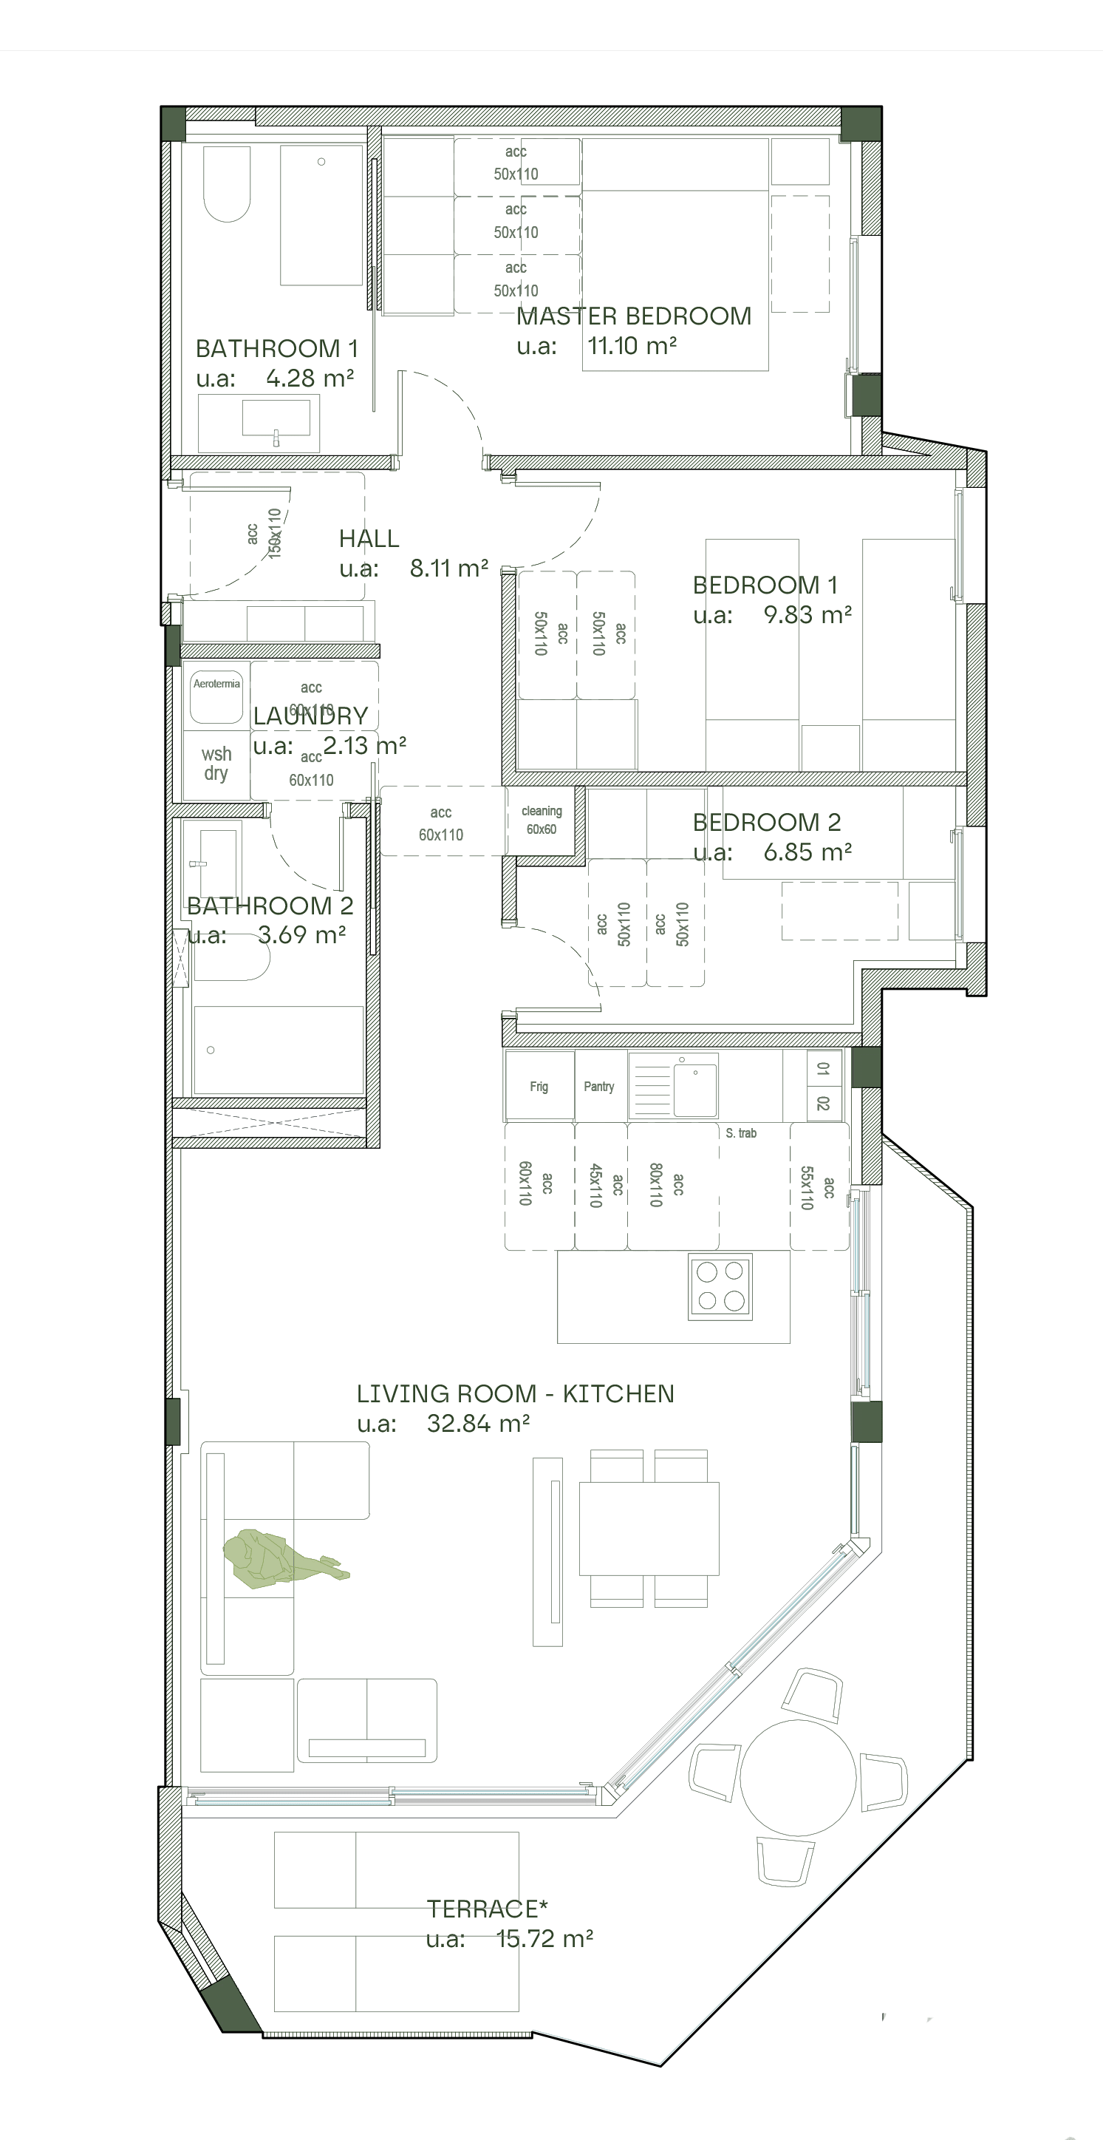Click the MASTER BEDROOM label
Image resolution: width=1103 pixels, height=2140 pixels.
point(634,316)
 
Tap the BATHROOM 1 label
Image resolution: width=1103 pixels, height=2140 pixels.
point(276,348)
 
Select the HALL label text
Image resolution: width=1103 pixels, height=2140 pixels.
point(369,538)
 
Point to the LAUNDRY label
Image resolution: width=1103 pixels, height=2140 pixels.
point(310,716)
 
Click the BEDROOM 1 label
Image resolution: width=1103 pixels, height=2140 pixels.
point(764,585)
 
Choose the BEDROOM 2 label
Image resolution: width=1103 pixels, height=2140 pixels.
point(767,823)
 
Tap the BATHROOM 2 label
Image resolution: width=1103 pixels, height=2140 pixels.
point(269,906)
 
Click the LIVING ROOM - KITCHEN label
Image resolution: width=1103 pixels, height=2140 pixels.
point(515,1394)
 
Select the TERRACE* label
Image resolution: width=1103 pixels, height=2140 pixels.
point(488,1909)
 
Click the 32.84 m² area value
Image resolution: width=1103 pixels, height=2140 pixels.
point(479,1424)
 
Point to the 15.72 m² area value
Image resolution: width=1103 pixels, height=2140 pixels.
point(544,1939)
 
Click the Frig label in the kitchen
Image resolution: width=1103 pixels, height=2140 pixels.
point(539,1087)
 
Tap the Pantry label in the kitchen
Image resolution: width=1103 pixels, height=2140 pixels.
point(599,1087)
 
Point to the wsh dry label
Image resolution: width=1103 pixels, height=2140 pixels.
point(216,764)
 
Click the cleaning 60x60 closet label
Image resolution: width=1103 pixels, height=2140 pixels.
point(542,820)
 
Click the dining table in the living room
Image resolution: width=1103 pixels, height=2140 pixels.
point(649,1529)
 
